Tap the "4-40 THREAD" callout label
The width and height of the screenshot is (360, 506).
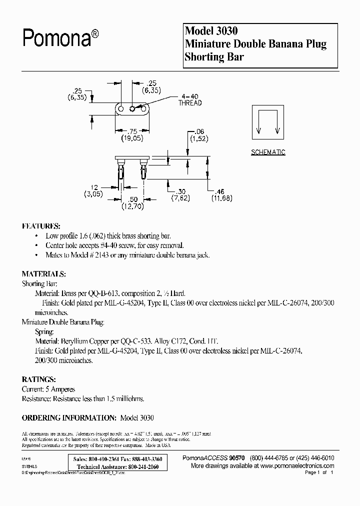click(190, 100)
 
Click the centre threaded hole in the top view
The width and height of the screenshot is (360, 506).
click(132, 108)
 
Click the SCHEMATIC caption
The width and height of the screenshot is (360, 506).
click(268, 152)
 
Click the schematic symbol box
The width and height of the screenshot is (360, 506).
click(268, 123)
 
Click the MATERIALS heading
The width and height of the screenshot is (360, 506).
click(43, 274)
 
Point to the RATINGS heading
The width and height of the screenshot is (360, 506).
click(39, 379)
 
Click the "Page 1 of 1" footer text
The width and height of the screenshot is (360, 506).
click(318, 472)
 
